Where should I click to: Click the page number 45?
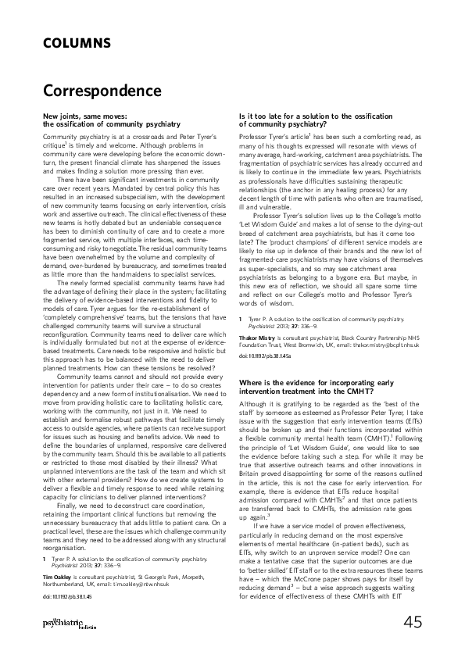click(413, 621)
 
